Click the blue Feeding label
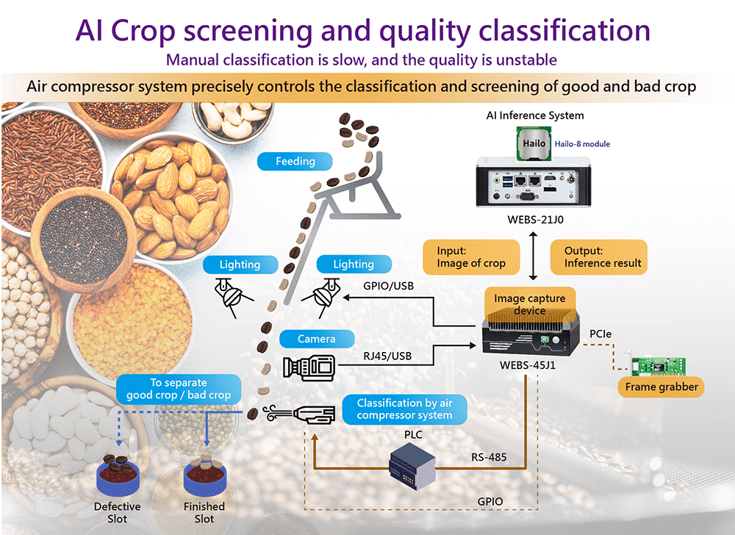(295, 162)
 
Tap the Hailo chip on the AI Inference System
(534, 143)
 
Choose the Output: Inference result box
(598, 257)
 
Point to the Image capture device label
(529, 304)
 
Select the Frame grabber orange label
(661, 387)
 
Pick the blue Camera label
(316, 339)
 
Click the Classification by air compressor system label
(404, 409)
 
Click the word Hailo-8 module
(583, 144)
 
